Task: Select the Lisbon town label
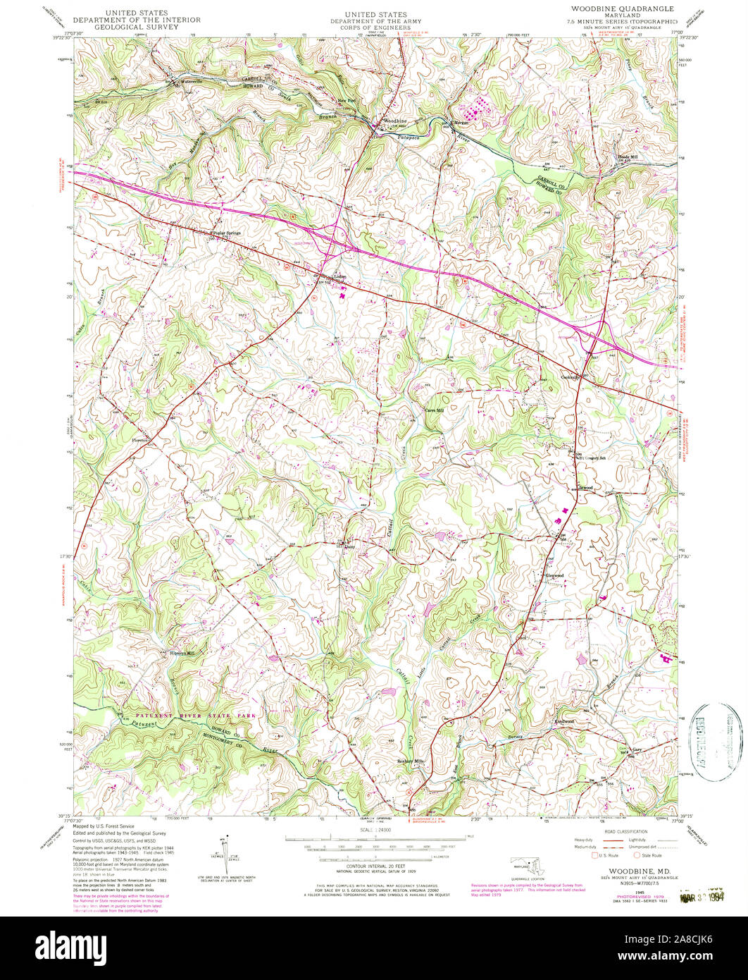tap(330, 276)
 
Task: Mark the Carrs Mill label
tap(434, 410)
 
